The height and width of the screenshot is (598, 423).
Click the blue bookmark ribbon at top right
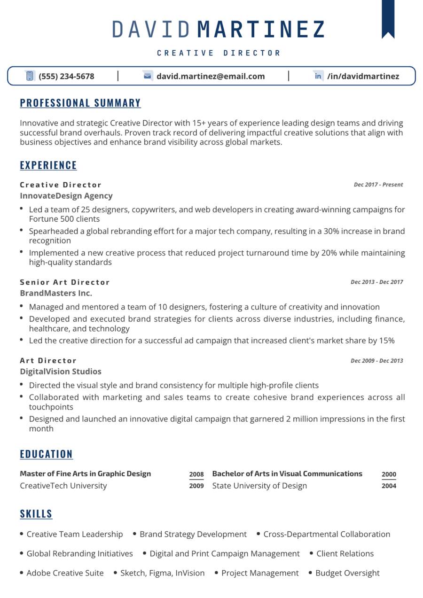click(x=388, y=18)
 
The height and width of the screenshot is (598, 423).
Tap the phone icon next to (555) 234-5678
click(x=30, y=76)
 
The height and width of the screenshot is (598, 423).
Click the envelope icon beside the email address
click(x=148, y=76)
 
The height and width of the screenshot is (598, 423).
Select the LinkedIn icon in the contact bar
click(x=318, y=76)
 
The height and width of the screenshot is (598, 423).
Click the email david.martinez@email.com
click(x=211, y=76)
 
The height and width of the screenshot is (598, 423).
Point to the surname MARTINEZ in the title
click(x=261, y=29)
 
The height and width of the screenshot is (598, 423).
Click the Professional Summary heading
click(x=80, y=103)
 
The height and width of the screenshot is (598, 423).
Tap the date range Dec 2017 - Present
click(x=378, y=185)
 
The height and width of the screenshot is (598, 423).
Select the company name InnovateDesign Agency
click(x=66, y=196)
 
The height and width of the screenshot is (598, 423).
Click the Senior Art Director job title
click(x=65, y=282)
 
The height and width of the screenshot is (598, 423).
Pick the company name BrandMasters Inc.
click(x=56, y=293)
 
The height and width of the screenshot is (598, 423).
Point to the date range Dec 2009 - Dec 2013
click(x=377, y=361)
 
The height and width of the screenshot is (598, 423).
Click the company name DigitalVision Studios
click(x=61, y=372)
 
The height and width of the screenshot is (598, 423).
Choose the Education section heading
click(x=47, y=454)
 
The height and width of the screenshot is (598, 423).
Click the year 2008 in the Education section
click(x=196, y=474)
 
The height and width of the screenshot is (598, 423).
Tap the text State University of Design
click(x=259, y=486)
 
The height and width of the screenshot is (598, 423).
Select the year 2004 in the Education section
click(x=389, y=486)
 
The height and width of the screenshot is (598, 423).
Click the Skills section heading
click(x=36, y=514)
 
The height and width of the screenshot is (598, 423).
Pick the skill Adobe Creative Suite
click(x=65, y=573)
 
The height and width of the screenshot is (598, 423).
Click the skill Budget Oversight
click(x=347, y=573)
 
